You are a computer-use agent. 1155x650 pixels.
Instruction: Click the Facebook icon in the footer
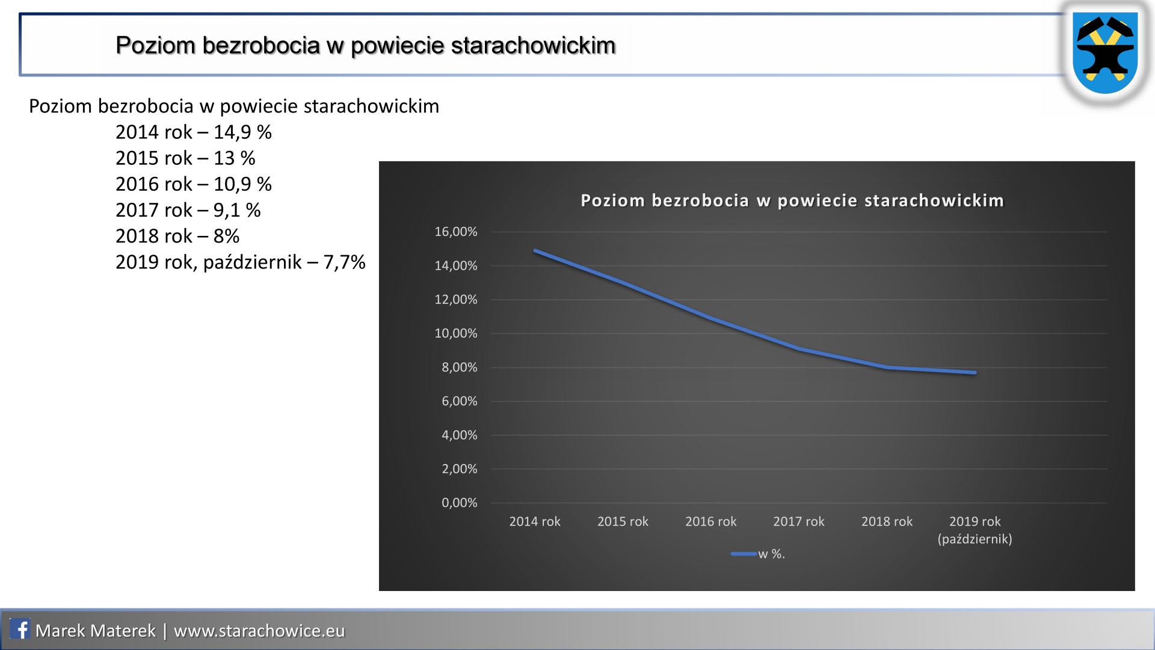click(x=20, y=630)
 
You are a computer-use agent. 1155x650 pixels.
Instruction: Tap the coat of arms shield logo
click(x=1106, y=53)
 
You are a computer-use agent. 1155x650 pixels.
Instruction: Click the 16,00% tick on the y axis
click(x=456, y=232)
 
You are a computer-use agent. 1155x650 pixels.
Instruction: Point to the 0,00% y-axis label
click(x=460, y=503)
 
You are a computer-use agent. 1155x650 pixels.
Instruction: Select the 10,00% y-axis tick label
click(x=456, y=333)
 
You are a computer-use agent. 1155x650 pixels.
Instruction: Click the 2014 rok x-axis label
click(x=535, y=521)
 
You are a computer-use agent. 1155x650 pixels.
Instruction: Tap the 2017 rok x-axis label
click(x=799, y=521)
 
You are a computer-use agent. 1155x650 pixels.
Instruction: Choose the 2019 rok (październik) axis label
click(x=975, y=530)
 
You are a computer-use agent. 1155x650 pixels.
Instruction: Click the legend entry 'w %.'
click(x=759, y=554)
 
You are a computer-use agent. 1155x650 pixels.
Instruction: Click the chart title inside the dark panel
click(x=792, y=200)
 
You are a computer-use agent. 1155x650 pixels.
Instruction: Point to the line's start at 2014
click(x=535, y=250)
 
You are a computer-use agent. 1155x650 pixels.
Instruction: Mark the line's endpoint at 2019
click(x=975, y=373)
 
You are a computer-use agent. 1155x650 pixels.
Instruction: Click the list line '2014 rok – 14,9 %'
click(x=194, y=132)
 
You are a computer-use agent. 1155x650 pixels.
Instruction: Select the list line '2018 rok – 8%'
click(x=177, y=236)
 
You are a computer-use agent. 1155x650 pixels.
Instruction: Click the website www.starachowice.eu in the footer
click(x=259, y=630)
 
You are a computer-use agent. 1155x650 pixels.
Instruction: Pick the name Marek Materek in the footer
click(x=96, y=630)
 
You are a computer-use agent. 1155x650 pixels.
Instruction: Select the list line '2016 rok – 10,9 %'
click(x=194, y=184)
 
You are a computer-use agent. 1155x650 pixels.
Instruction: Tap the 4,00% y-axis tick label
click(x=460, y=435)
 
